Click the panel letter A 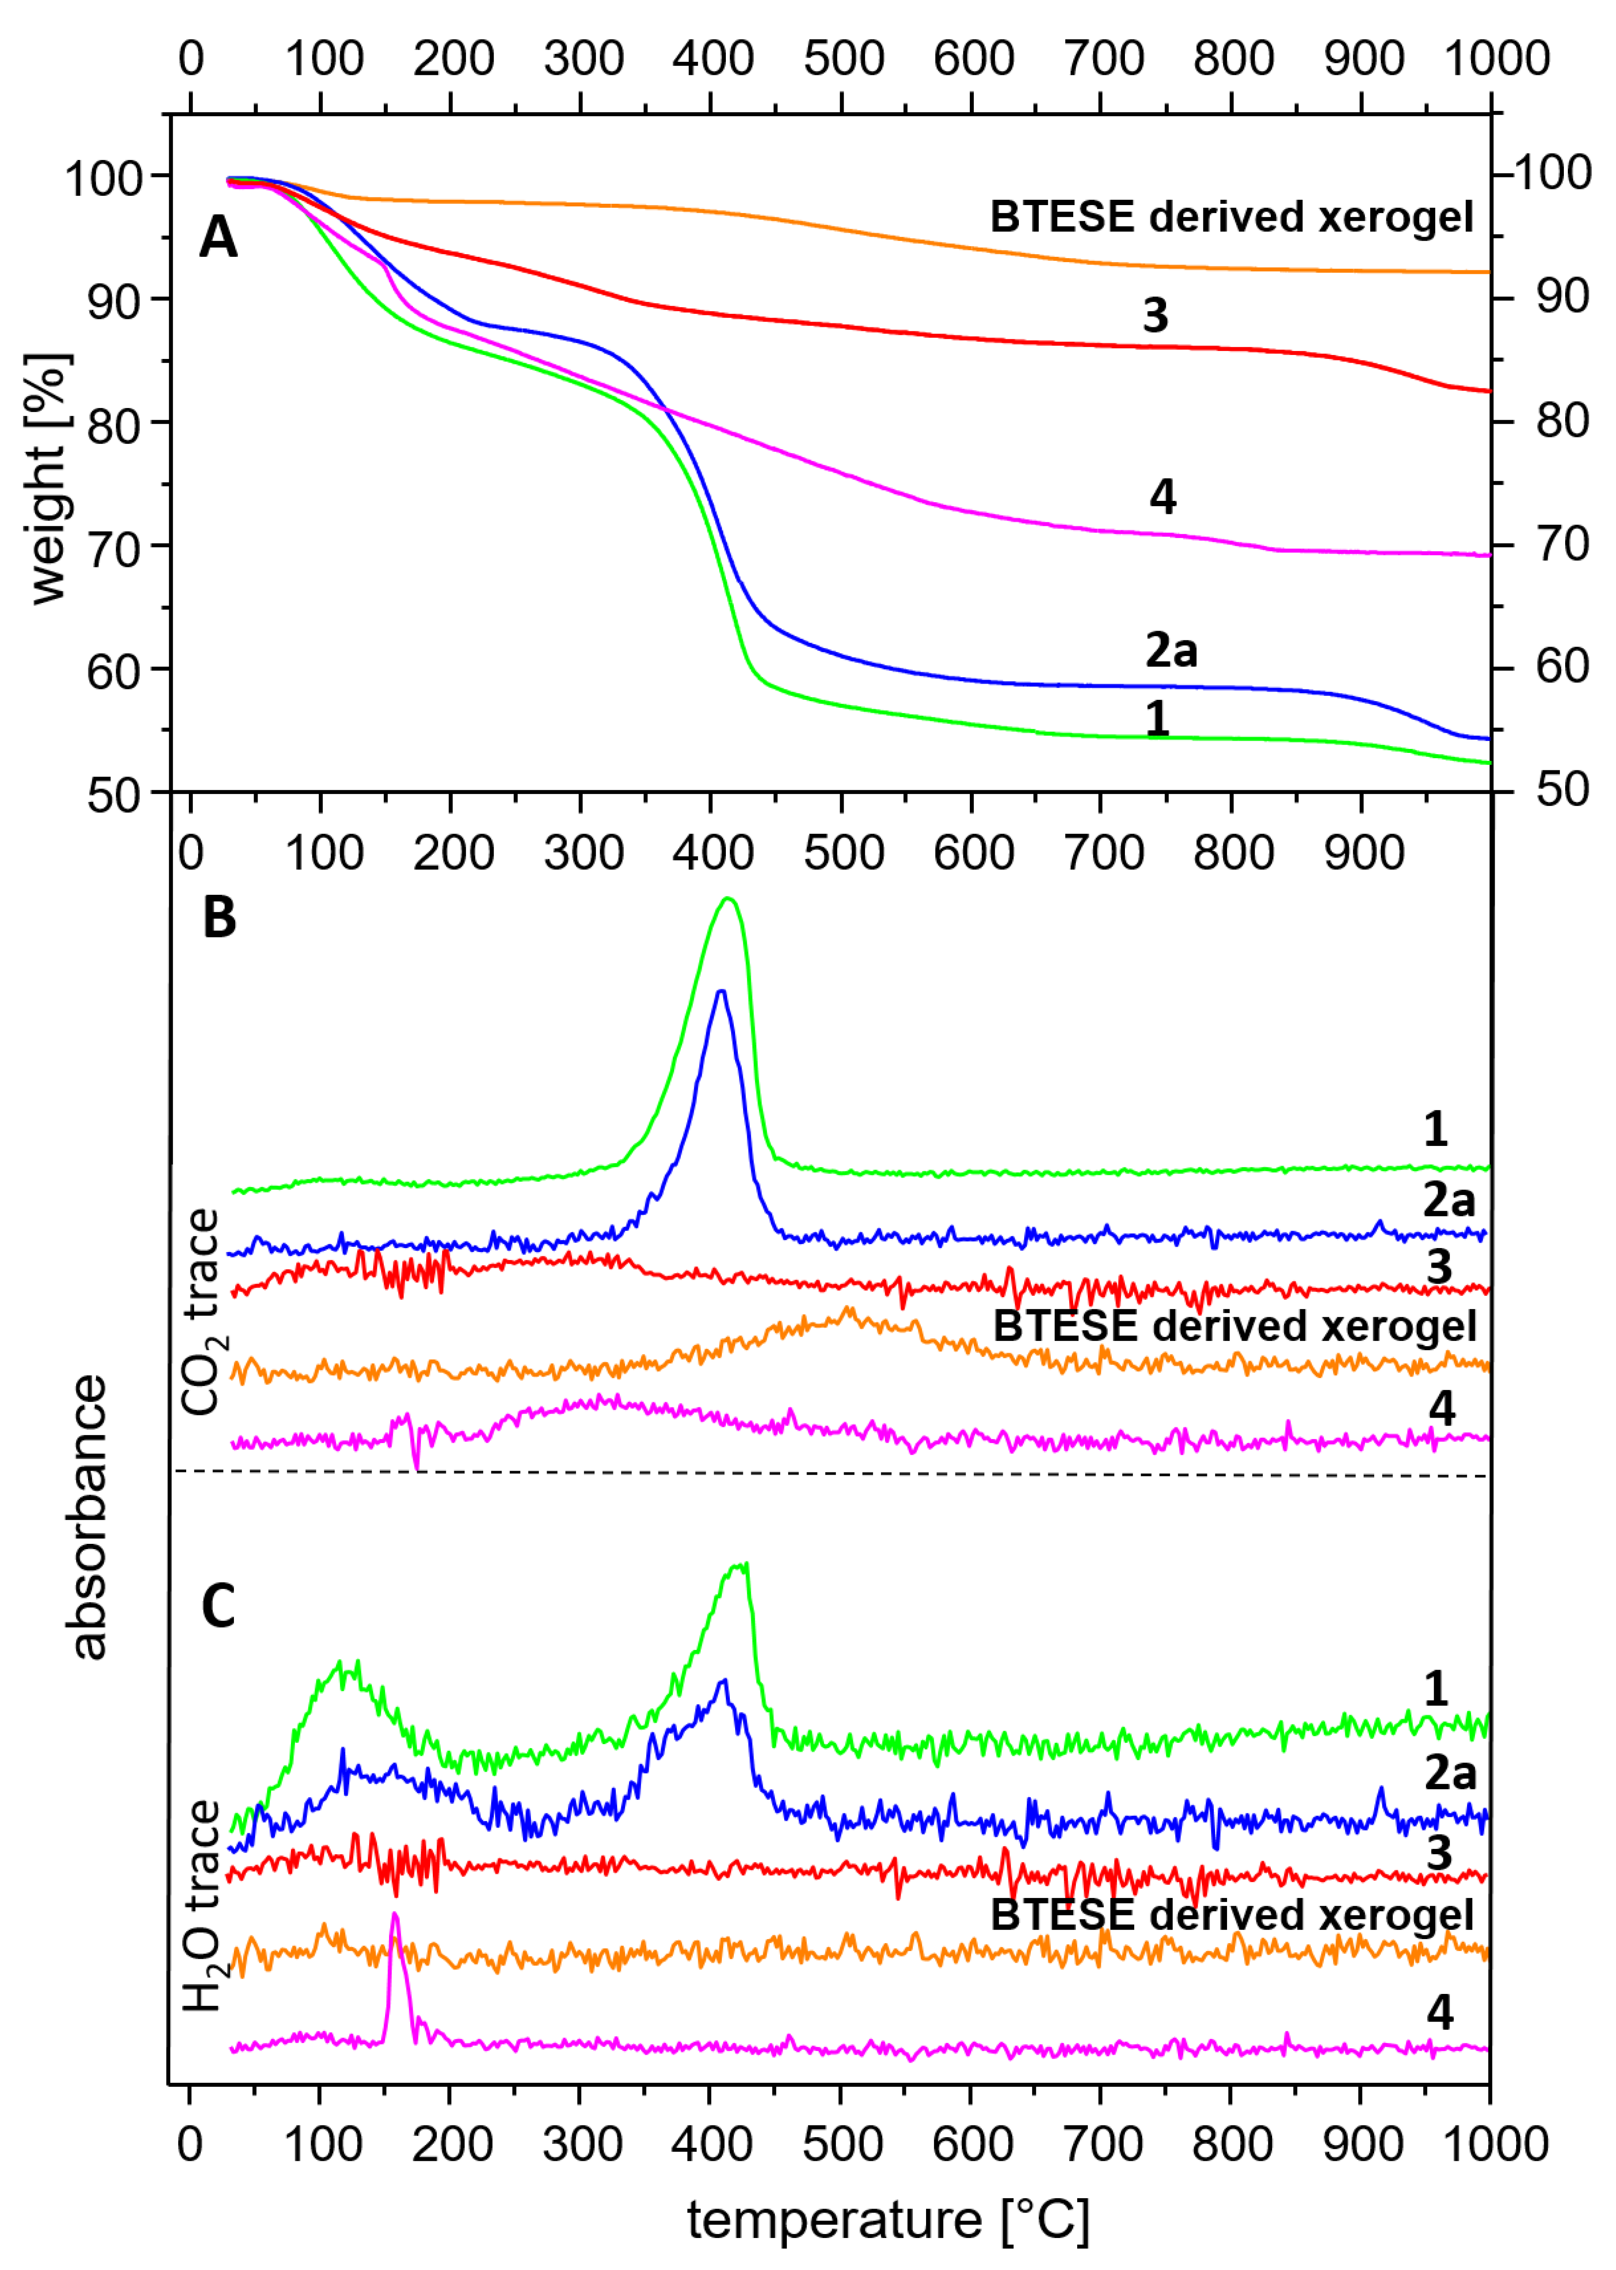(218, 239)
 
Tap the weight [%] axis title (48, 478)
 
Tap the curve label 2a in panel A (1171, 650)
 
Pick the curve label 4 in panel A (1162, 496)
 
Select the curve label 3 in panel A (1154, 316)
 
